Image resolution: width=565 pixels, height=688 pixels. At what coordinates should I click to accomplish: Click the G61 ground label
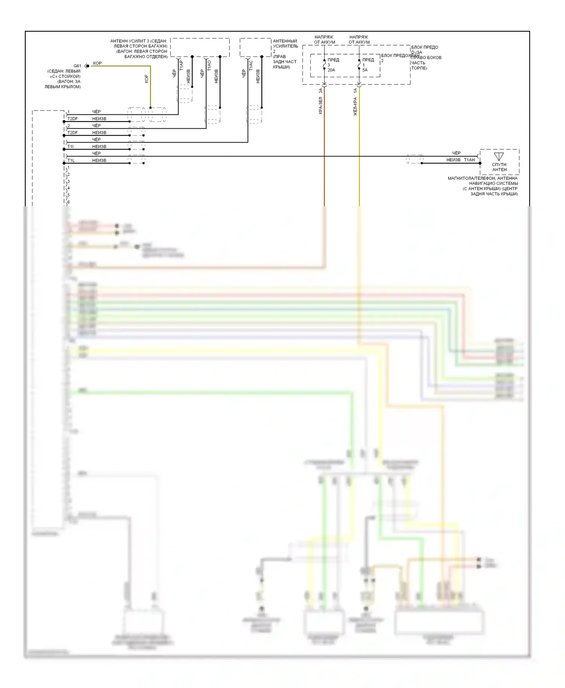pyautogui.click(x=77, y=66)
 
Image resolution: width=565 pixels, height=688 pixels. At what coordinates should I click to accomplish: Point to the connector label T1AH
pyautogui.click(x=469, y=160)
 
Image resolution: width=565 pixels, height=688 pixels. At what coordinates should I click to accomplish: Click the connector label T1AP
pyautogui.click(x=181, y=66)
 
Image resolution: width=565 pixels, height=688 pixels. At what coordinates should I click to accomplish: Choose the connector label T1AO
pyautogui.click(x=209, y=66)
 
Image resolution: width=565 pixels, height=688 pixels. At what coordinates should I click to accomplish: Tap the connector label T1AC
pyautogui.click(x=251, y=66)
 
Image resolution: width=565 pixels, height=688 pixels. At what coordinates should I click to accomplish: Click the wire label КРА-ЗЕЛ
pyautogui.click(x=321, y=105)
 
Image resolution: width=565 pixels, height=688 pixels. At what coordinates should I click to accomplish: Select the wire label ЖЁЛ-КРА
pyautogui.click(x=355, y=106)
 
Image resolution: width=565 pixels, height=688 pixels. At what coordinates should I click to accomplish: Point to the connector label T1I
pyautogui.click(x=70, y=146)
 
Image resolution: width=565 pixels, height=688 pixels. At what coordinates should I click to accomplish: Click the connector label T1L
pyautogui.click(x=71, y=160)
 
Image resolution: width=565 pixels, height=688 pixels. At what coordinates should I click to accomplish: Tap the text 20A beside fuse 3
pyautogui.click(x=331, y=70)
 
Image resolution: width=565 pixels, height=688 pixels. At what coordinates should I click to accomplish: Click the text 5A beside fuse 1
pyautogui.click(x=365, y=70)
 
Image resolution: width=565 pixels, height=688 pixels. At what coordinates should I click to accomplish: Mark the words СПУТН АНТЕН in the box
pyautogui.click(x=499, y=167)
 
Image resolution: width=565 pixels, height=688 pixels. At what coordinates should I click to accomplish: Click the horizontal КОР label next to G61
pyautogui.click(x=97, y=63)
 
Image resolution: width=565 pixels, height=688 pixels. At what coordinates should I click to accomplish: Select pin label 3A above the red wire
pyautogui.click(x=321, y=90)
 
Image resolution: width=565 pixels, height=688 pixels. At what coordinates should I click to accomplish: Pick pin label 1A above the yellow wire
pyautogui.click(x=355, y=90)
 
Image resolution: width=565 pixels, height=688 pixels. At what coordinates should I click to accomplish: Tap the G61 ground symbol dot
pyautogui.click(x=88, y=66)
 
